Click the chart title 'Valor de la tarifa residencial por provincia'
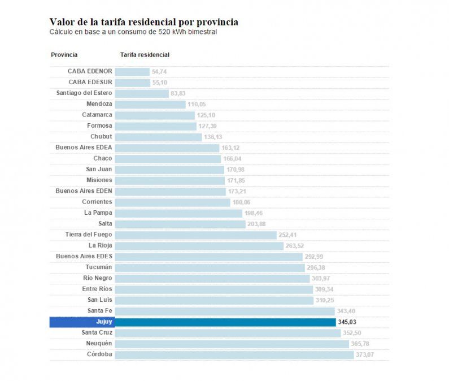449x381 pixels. [143, 22]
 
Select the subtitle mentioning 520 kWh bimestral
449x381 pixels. [133, 32]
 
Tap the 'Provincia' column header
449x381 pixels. [64, 55]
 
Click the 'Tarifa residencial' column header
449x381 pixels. [145, 55]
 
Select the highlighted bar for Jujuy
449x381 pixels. [225, 322]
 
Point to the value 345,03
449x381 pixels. [347, 322]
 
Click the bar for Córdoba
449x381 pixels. [234, 354]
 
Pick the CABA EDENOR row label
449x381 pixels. [90, 71]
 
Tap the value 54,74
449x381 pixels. [159, 72]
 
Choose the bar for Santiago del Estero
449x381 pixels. [142, 93]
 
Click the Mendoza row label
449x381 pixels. [99, 104]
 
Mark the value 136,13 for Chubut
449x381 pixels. [213, 137]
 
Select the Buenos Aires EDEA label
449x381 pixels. [84, 148]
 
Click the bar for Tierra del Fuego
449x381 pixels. [195, 235]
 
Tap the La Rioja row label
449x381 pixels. [101, 245]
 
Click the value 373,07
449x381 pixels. [365, 354]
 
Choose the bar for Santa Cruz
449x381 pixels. [228, 333]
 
